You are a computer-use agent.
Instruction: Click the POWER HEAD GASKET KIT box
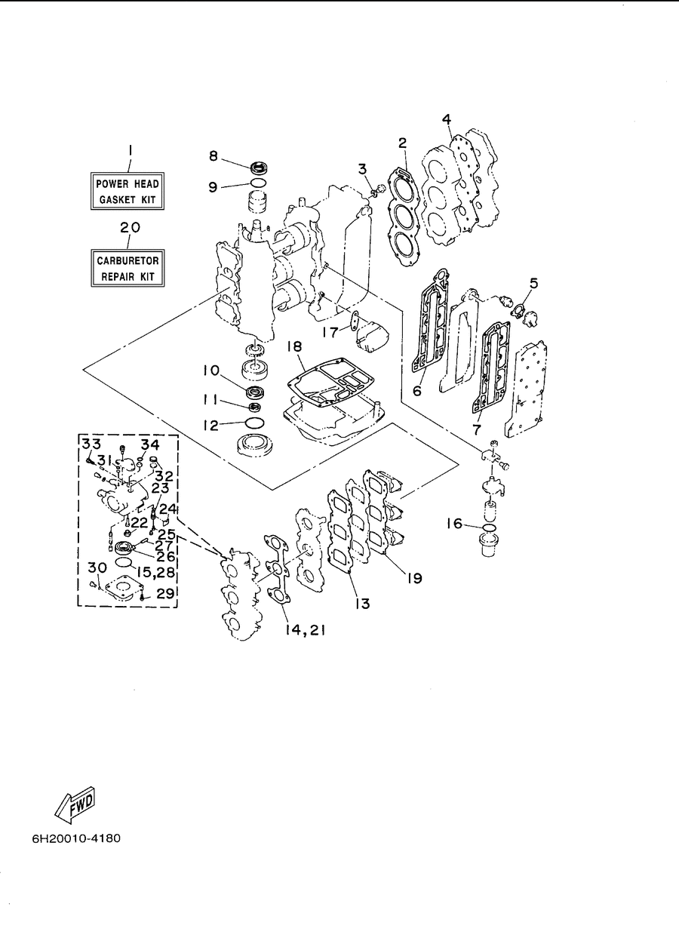click(x=128, y=191)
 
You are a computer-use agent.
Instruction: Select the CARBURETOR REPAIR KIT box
click(x=128, y=268)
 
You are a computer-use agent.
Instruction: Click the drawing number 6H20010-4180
click(x=76, y=838)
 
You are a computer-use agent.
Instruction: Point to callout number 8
click(x=214, y=156)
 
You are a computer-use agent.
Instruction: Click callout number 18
click(x=295, y=346)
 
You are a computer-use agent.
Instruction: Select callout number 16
click(x=455, y=524)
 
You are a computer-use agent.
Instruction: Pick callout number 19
click(x=415, y=578)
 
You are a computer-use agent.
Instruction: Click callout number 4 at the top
click(x=447, y=119)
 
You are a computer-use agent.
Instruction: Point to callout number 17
click(x=330, y=332)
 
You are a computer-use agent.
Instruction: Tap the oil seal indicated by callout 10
click(x=254, y=392)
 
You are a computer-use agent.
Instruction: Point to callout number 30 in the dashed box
click(x=97, y=567)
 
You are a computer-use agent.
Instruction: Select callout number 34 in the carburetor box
click(x=149, y=444)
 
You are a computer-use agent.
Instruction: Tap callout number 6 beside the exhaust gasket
click(x=417, y=391)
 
